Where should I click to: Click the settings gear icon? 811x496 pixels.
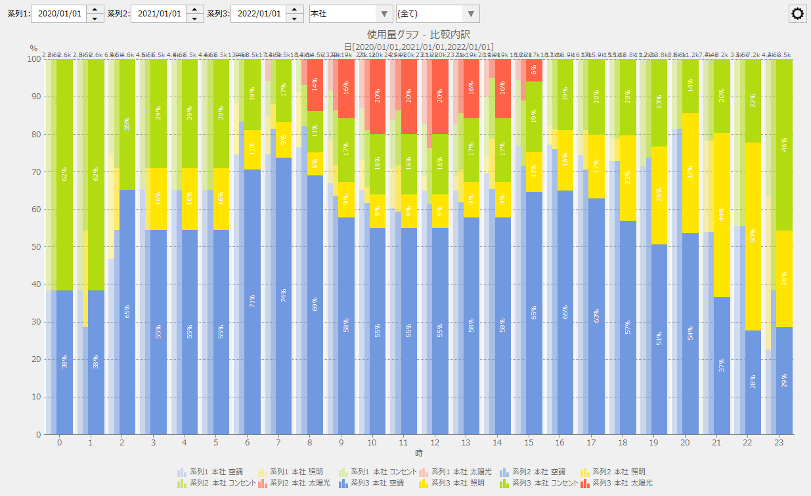[797, 14]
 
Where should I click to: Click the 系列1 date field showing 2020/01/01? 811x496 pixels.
[58, 14]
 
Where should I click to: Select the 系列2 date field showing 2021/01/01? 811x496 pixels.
[158, 14]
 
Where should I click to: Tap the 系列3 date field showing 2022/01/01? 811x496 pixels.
[258, 14]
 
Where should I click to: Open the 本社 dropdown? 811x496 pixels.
[351, 14]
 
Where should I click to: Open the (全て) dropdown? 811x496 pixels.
[437, 14]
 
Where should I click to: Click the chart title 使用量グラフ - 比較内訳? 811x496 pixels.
[418, 34]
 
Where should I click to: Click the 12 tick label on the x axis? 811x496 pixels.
[434, 443]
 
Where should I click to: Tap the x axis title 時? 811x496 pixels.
[418, 453]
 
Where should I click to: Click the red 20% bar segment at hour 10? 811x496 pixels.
[378, 97]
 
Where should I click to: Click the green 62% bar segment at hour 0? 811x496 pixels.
[64, 174]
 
